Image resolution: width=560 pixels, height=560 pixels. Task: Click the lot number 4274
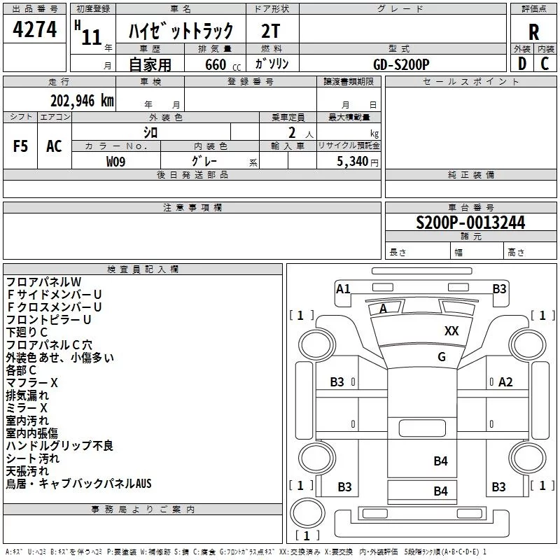point(34,29)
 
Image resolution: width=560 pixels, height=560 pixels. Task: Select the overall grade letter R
point(533,32)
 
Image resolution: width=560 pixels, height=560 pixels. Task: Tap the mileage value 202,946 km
point(82,101)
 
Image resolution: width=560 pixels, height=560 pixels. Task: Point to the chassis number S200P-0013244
point(470,223)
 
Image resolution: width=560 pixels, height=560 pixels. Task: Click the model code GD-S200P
point(401,64)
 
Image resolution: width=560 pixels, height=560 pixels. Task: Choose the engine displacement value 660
point(216,64)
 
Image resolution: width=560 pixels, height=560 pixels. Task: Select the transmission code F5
point(20,146)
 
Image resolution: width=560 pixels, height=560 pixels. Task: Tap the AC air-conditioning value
point(55,146)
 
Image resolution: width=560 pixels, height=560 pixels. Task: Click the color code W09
point(115,162)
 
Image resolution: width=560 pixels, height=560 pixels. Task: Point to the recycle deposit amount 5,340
point(352,161)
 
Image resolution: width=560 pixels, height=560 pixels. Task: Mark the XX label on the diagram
point(451,330)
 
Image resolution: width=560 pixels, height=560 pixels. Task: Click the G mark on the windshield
point(442,356)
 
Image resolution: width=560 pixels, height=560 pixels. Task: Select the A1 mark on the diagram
point(343,288)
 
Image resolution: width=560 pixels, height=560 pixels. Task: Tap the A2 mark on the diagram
point(505,382)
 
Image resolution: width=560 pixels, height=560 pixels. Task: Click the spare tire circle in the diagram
point(307,512)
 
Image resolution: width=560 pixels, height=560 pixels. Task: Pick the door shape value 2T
point(270,31)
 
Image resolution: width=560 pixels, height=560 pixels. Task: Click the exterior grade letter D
point(522,64)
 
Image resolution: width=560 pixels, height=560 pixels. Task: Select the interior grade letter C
point(545,64)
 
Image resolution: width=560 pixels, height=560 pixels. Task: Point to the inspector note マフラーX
point(31,383)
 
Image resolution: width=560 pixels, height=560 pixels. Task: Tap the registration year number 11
point(92,37)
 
